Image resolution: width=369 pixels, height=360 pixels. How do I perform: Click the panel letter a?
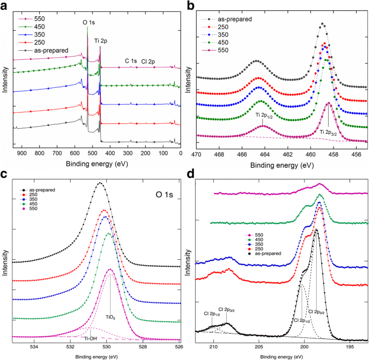[x=5, y=6]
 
